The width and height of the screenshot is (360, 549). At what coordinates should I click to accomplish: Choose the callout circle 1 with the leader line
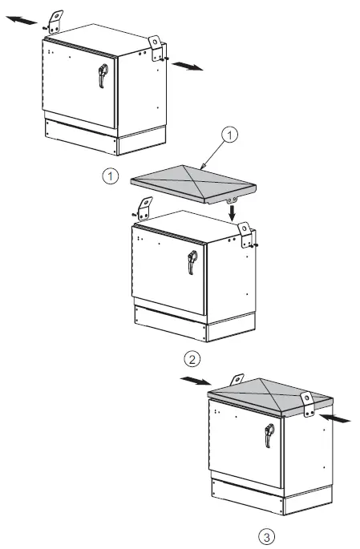[x=229, y=137]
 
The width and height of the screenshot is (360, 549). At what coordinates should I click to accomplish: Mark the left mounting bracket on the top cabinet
[x=55, y=20]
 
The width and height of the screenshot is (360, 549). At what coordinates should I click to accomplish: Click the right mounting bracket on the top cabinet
[x=155, y=44]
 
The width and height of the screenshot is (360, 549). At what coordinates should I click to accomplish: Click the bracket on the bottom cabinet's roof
[x=307, y=403]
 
